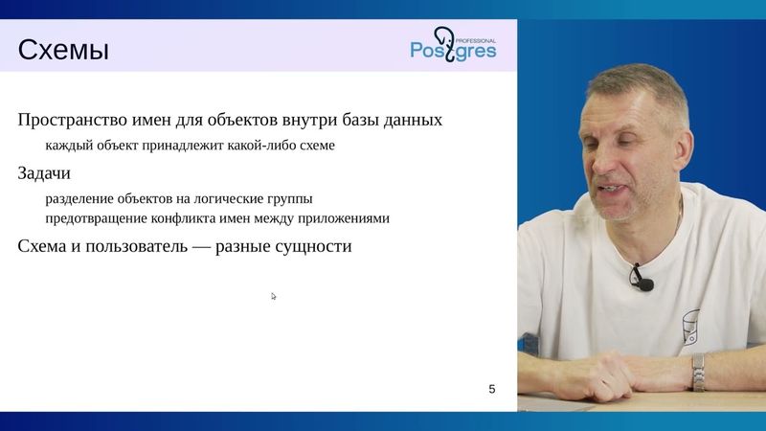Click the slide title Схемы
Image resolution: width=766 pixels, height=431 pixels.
(x=64, y=49)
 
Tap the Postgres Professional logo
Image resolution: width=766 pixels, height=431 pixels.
(x=453, y=45)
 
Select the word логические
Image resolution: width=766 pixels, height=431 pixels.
(x=236, y=198)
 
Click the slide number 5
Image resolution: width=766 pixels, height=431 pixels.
(x=492, y=389)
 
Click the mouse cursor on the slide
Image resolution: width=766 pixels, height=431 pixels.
(x=274, y=296)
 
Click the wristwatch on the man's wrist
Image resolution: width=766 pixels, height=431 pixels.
(x=698, y=371)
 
